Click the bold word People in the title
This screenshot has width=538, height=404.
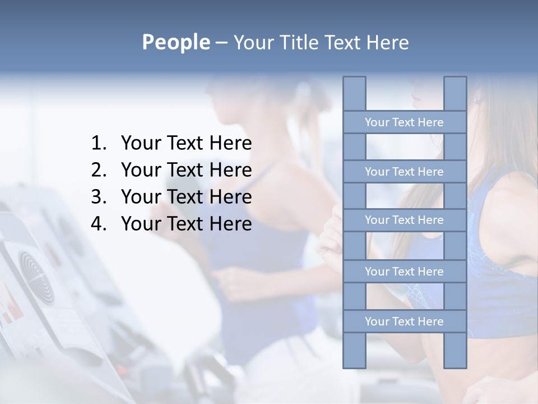click(175, 42)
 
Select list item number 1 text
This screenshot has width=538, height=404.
click(186, 144)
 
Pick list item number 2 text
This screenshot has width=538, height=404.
click(186, 170)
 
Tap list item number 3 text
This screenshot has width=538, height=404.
click(186, 197)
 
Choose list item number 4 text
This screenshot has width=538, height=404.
click(186, 224)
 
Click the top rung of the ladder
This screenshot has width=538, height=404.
click(404, 122)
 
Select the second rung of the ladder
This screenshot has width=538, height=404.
click(404, 172)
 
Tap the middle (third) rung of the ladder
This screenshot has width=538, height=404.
click(404, 220)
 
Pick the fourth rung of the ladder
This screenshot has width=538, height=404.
click(404, 272)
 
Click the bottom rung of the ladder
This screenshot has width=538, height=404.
click(404, 322)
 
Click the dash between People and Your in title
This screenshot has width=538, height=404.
click(221, 43)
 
